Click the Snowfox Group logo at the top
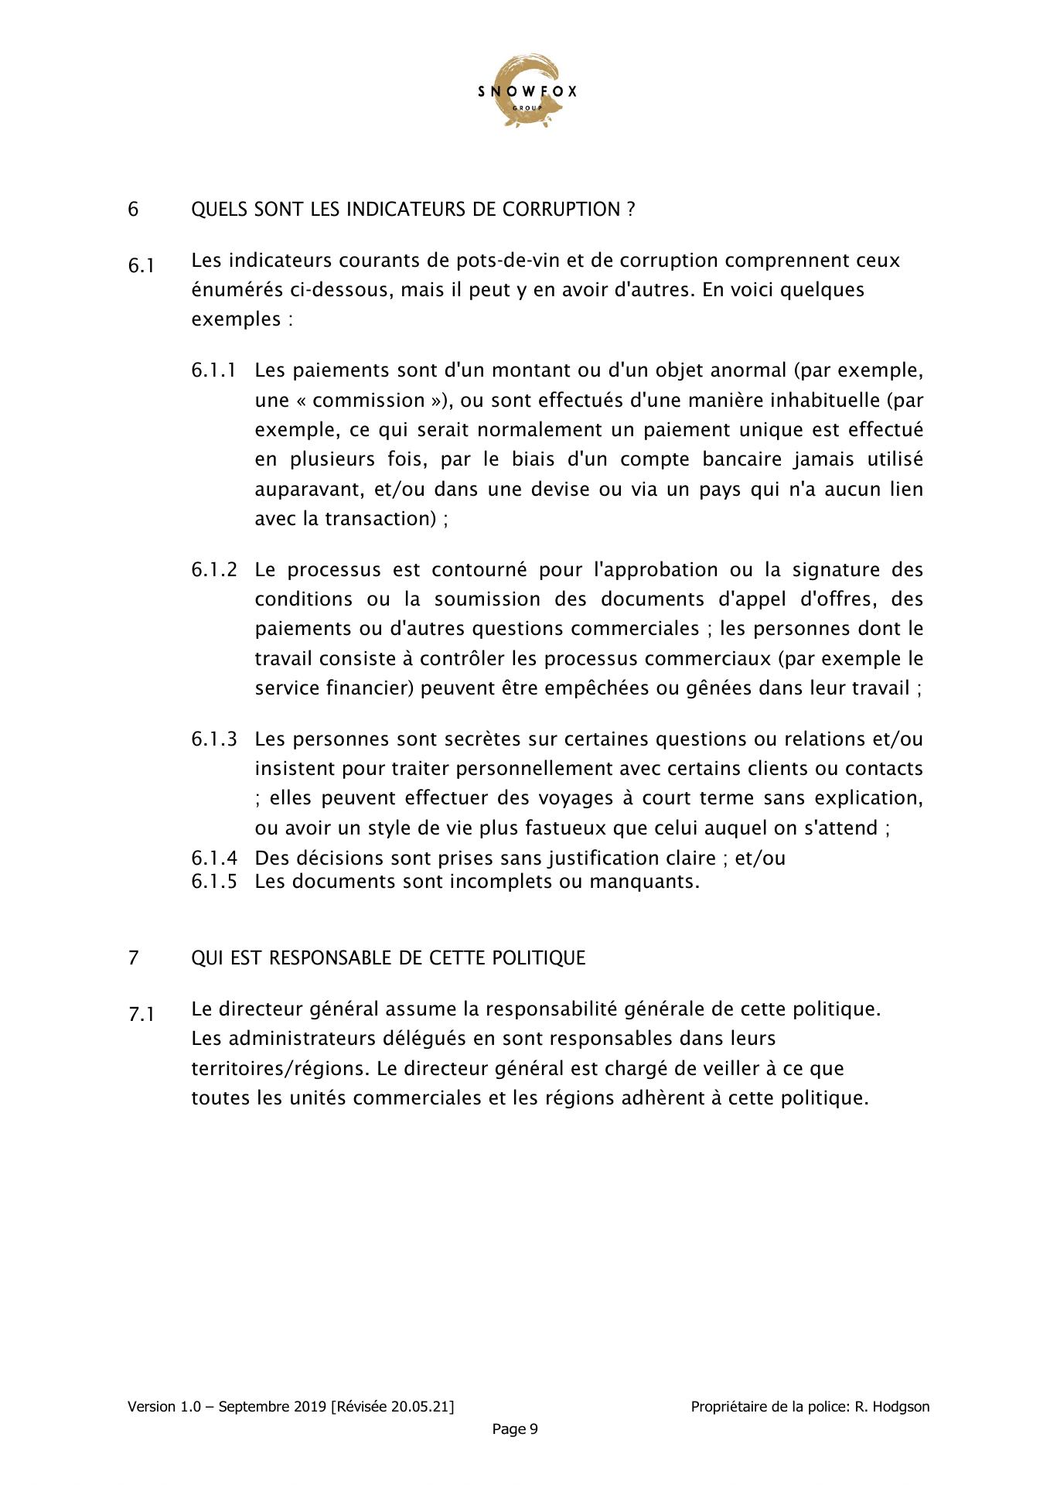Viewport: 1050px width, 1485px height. [x=527, y=91]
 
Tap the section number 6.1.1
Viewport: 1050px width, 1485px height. [x=214, y=370]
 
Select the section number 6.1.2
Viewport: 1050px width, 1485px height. [x=214, y=570]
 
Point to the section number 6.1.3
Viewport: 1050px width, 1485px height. [x=214, y=739]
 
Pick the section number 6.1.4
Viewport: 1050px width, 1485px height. [x=214, y=858]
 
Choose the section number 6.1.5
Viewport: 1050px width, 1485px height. [x=214, y=882]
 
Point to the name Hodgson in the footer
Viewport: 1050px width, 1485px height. [x=902, y=1407]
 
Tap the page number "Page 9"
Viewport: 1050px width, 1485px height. [x=515, y=1429]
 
